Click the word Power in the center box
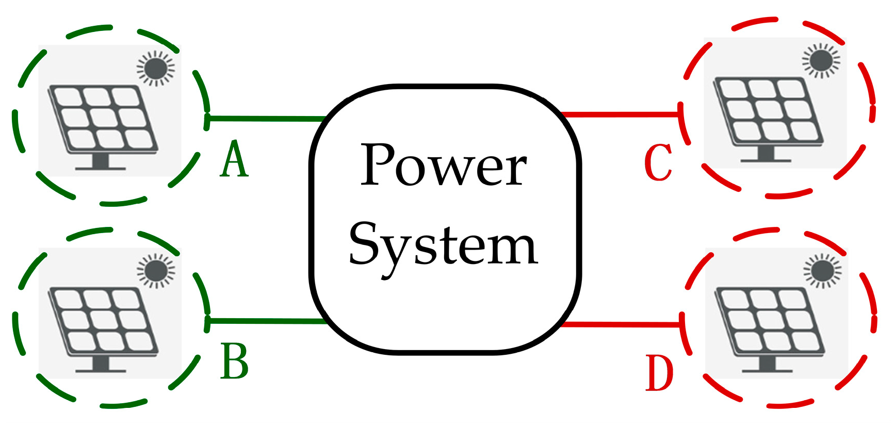[x=444, y=166]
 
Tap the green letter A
[x=234, y=160]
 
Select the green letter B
[x=235, y=361]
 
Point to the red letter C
[x=658, y=163]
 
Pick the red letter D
[x=659, y=372]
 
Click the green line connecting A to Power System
[x=266, y=119]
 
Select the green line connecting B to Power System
[x=266, y=321]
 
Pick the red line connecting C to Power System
[x=619, y=114]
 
